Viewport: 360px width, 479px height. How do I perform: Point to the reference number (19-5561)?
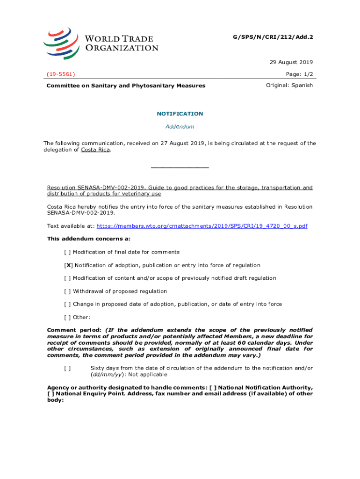tap(61, 74)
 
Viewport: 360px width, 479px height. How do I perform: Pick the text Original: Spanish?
tap(289, 85)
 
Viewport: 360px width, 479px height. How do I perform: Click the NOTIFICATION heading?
tap(180, 114)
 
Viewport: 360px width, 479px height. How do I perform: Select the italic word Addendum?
tap(180, 127)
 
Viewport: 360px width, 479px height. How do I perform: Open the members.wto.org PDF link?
tap(202, 226)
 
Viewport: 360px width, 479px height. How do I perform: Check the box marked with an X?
tap(68, 265)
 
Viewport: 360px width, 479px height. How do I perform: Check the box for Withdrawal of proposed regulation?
tap(67, 291)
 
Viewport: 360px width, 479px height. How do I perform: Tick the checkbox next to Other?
tap(67, 318)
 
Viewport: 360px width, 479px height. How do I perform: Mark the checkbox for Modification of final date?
tap(67, 252)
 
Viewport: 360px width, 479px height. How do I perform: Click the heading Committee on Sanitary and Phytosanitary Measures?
tap(126, 86)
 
